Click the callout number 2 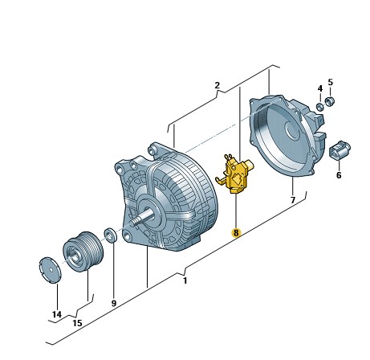pyautogui.click(x=216, y=85)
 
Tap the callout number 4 pyautogui.click(x=319, y=88)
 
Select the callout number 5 pyautogui.click(x=330, y=82)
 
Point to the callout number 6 pyautogui.click(x=338, y=175)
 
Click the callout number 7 pyautogui.click(x=293, y=198)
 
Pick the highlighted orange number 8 pyautogui.click(x=235, y=233)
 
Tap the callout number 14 pyautogui.click(x=55, y=313)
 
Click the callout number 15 pyautogui.click(x=77, y=323)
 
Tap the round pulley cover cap pyautogui.click(x=51, y=268)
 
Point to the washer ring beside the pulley pyautogui.click(x=111, y=235)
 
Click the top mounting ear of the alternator pyautogui.click(x=154, y=150)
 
